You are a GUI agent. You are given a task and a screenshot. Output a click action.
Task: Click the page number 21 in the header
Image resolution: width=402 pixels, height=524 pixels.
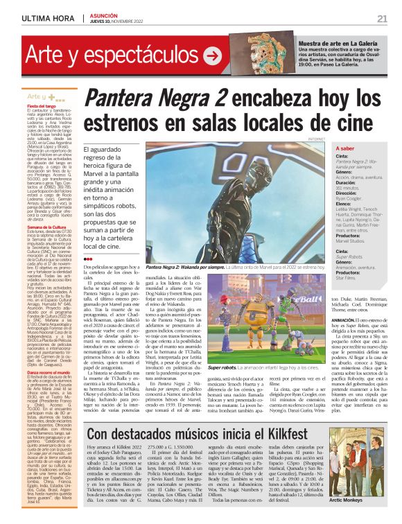[382, 17]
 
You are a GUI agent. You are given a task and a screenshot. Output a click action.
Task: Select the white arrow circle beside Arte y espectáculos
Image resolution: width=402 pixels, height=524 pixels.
[212, 57]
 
